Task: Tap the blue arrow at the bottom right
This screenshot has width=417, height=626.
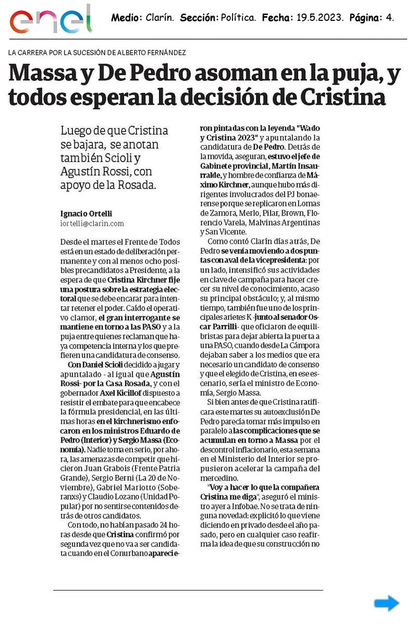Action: [x=386, y=604]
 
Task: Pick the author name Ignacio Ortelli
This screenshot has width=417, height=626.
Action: [x=87, y=213]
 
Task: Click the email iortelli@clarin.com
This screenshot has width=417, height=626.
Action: [x=92, y=223]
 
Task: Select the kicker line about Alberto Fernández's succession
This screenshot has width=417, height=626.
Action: [x=97, y=53]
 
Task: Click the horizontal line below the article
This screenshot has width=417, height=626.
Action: [x=188, y=590]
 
